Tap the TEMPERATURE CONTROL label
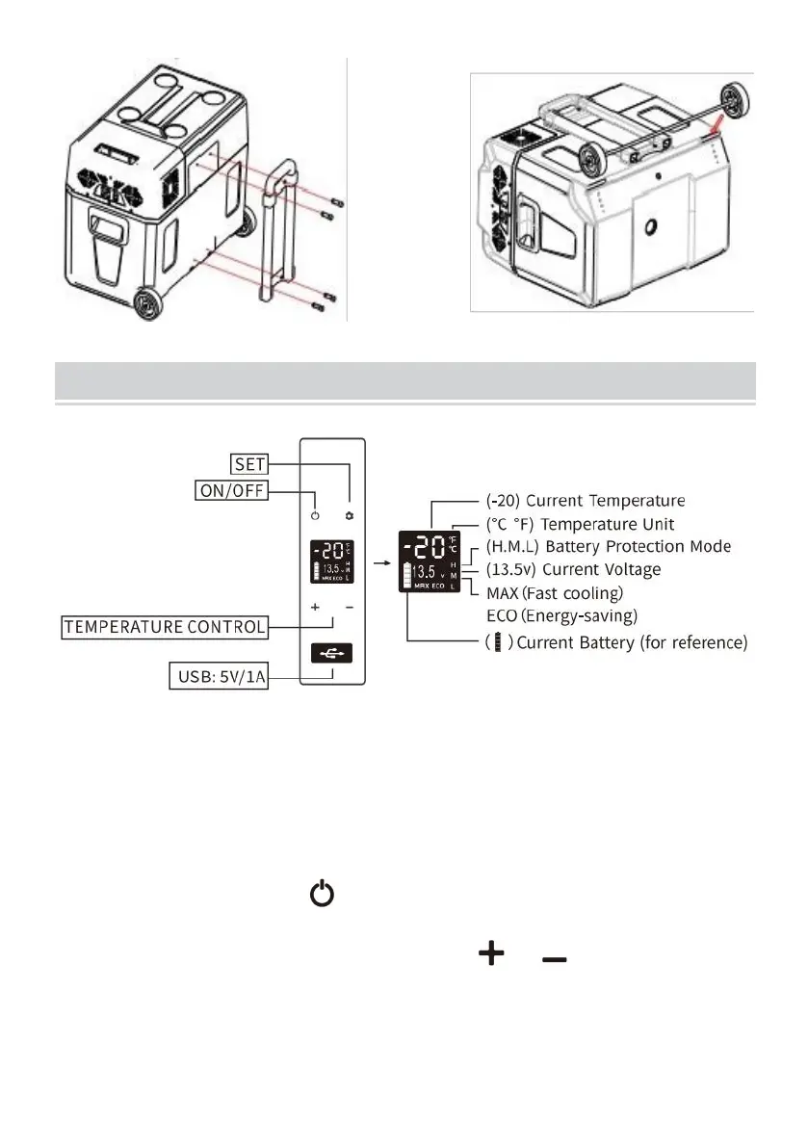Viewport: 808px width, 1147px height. (x=165, y=627)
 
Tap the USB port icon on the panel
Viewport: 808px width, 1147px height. (x=332, y=652)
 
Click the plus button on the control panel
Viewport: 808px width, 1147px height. (x=315, y=608)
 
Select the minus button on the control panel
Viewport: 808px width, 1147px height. (x=349, y=608)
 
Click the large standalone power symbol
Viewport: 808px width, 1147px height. (x=322, y=897)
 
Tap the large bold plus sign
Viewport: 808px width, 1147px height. (x=491, y=954)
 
